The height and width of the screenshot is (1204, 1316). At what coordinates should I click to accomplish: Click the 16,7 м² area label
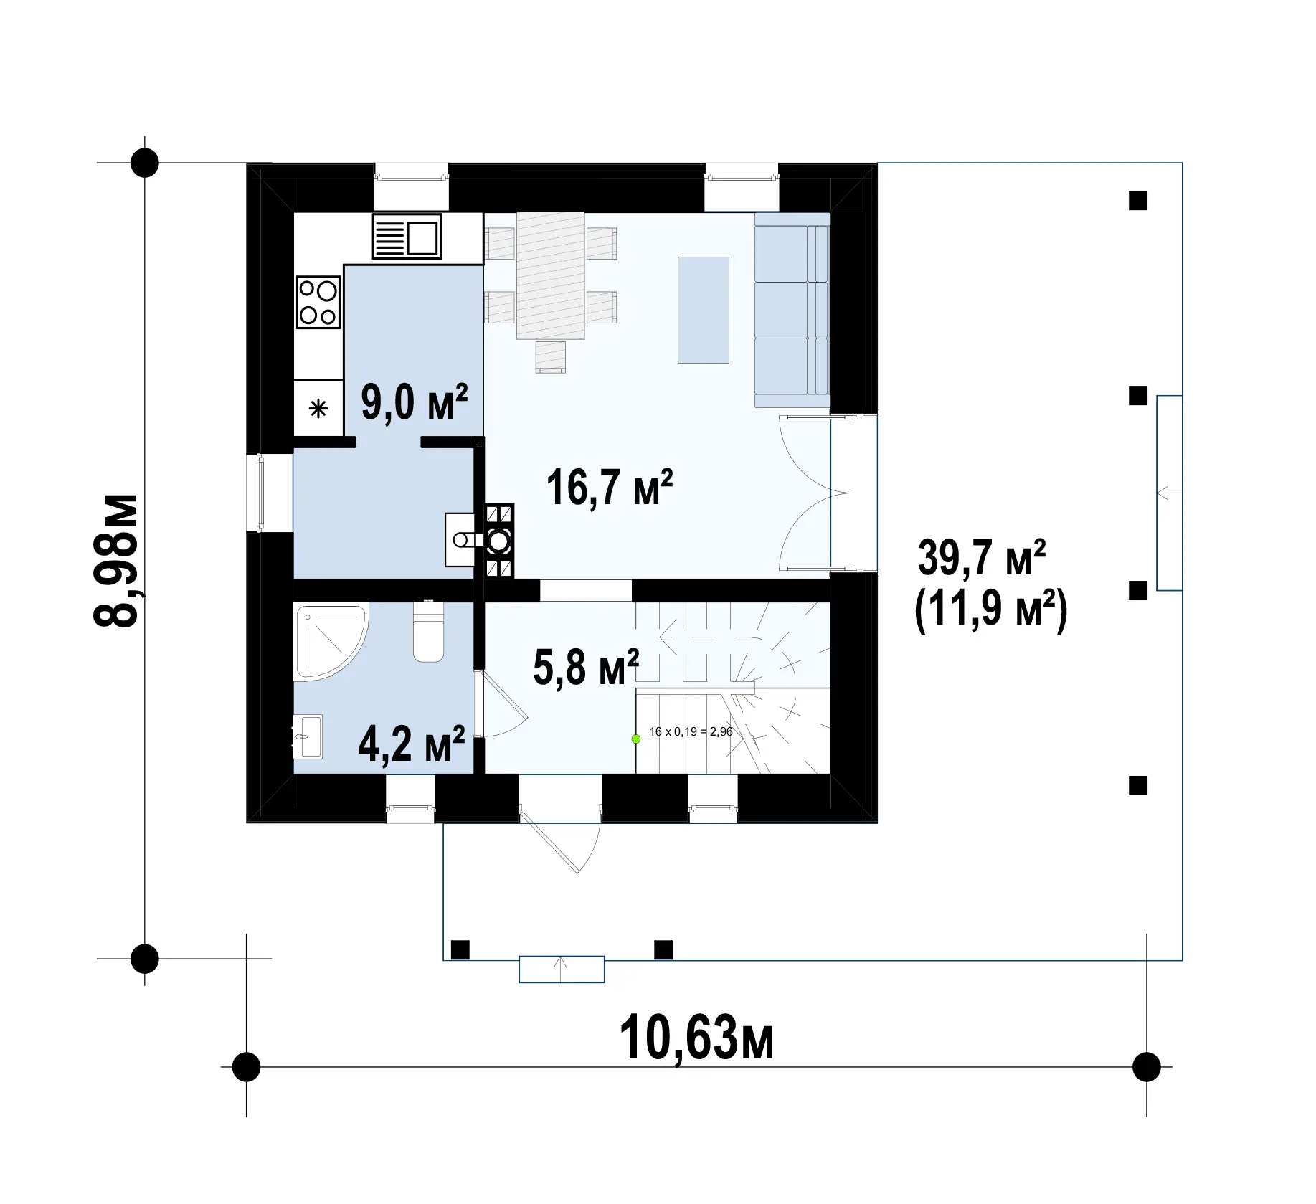click(x=610, y=488)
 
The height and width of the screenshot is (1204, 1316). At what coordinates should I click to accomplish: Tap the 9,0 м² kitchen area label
click(x=415, y=402)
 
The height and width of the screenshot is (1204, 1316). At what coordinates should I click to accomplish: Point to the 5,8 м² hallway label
click(x=586, y=667)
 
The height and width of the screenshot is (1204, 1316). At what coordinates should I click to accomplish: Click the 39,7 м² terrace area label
click(x=982, y=559)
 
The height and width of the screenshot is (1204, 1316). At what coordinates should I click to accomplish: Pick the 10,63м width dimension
click(x=696, y=1038)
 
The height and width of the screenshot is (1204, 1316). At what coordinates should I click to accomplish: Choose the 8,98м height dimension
click(x=117, y=560)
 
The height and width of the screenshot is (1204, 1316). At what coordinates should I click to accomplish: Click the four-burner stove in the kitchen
click(x=318, y=303)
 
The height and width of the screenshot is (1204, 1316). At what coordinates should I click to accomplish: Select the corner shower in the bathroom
click(x=326, y=638)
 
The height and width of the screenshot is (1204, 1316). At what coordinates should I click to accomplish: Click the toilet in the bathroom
click(x=429, y=630)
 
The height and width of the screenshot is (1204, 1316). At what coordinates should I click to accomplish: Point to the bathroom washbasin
click(x=309, y=736)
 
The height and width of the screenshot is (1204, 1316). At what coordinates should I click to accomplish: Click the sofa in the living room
click(x=792, y=310)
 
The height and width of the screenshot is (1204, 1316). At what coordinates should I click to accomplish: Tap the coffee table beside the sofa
click(x=704, y=310)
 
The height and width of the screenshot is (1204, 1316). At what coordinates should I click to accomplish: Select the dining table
click(x=550, y=275)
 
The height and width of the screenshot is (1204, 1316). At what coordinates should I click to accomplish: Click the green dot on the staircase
click(x=635, y=739)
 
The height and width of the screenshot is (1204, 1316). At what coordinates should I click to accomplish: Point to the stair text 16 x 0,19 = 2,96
click(x=691, y=732)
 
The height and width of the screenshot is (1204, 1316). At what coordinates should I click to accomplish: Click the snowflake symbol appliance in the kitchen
click(x=318, y=409)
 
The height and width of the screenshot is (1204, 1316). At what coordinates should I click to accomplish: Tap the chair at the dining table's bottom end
click(x=551, y=357)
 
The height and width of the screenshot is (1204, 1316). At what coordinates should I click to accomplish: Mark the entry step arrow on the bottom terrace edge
click(x=562, y=969)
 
